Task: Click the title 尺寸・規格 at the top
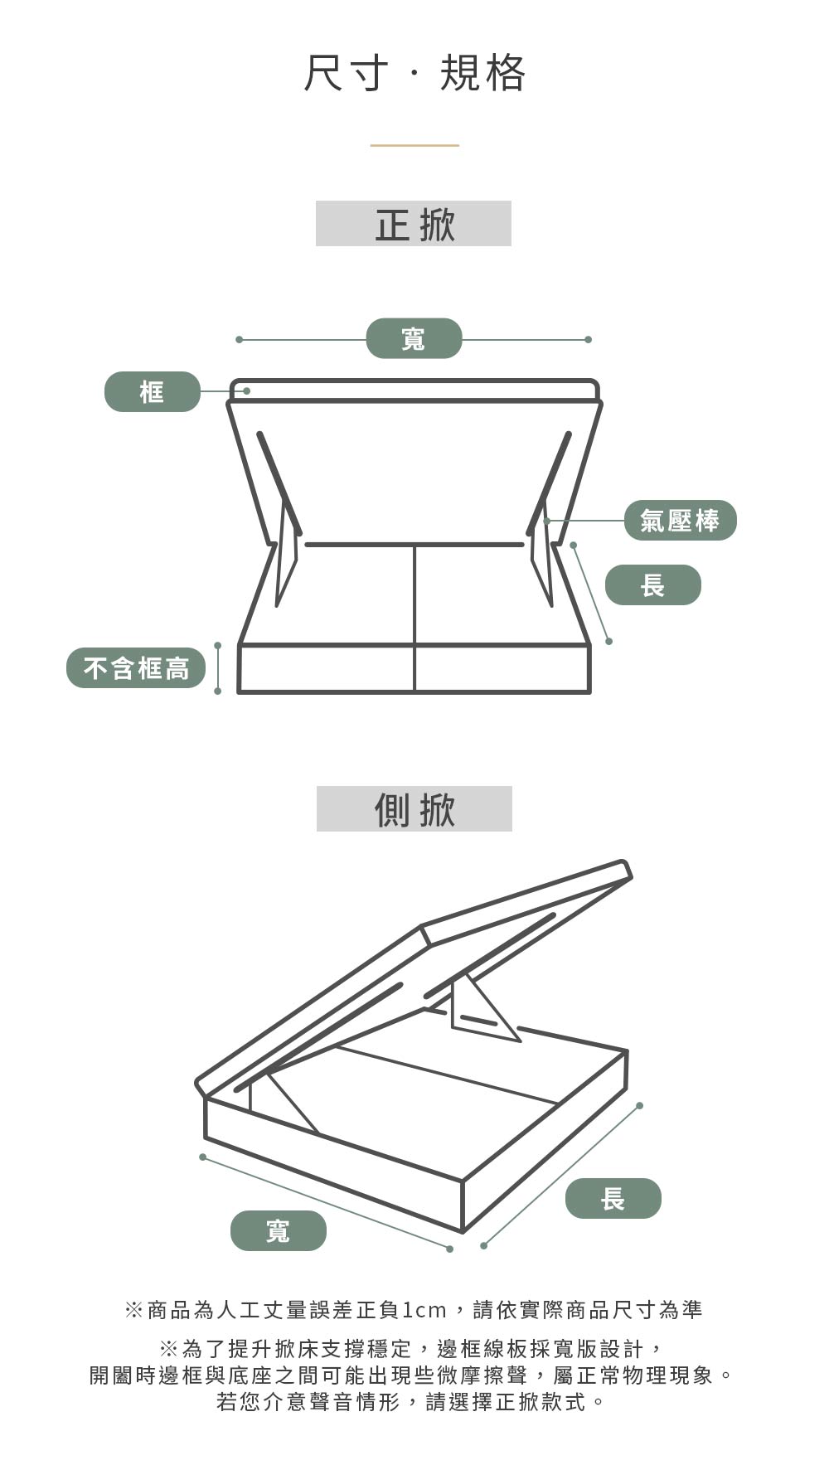coord(414,73)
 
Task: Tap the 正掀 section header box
coord(414,224)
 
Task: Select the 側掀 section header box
coord(414,809)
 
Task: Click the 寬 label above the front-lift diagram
coord(414,338)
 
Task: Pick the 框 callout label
coord(153,391)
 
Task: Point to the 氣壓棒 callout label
coord(680,521)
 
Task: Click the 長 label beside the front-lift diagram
coord(653,585)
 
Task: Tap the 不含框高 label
coord(136,667)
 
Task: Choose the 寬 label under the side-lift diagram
coord(279,1230)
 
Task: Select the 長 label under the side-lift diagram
coord(613,1198)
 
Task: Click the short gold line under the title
coord(414,145)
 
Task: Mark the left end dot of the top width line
coord(239,339)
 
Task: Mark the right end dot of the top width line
coord(588,339)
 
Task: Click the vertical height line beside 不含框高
coord(218,668)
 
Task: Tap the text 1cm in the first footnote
coord(424,1310)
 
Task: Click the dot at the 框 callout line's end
coord(246,391)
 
